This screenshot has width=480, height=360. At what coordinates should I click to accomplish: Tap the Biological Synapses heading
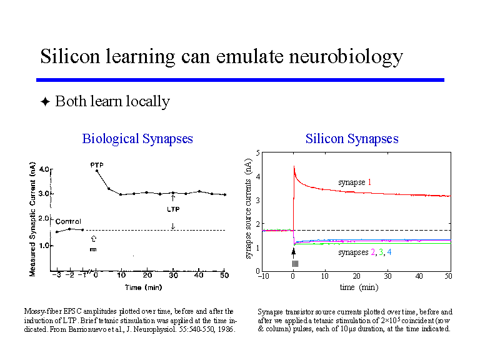click(x=137, y=139)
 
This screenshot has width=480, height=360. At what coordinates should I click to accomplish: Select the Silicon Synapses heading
click(x=352, y=139)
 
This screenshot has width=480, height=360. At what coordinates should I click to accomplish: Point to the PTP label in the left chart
click(x=97, y=165)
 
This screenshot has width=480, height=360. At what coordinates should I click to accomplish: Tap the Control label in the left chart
click(x=68, y=221)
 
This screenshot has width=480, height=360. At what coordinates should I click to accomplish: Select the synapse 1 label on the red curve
click(x=355, y=182)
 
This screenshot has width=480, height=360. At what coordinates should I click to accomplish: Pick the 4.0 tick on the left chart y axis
click(x=44, y=169)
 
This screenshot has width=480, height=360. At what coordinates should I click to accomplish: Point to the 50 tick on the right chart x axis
click(x=448, y=276)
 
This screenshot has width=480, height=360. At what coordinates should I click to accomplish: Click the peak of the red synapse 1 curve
click(x=294, y=166)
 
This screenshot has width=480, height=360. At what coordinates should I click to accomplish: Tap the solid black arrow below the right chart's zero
click(x=293, y=252)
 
